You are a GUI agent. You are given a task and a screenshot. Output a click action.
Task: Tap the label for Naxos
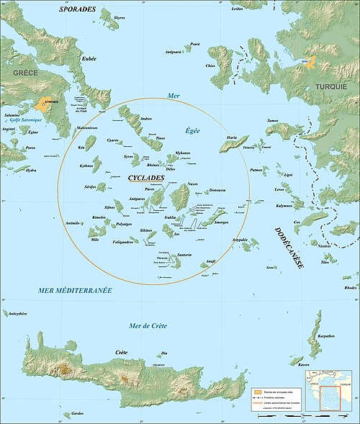pyautogui.click(x=192, y=185)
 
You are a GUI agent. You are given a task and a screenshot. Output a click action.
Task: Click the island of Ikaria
pyautogui.click(x=233, y=143)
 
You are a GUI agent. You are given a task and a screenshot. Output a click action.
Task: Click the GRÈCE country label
pyautogui.click(x=17, y=73)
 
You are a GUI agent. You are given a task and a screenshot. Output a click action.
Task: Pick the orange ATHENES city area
pyautogui.click(x=48, y=105)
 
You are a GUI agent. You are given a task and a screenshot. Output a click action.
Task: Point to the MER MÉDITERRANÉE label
pyautogui.click(x=74, y=289)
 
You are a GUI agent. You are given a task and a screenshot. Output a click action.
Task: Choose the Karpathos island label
pyautogui.click(x=325, y=335)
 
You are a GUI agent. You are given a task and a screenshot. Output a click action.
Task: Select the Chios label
pyautogui.click(x=210, y=66)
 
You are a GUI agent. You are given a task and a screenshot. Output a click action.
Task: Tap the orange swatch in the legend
pyautogui.click(x=257, y=391)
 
